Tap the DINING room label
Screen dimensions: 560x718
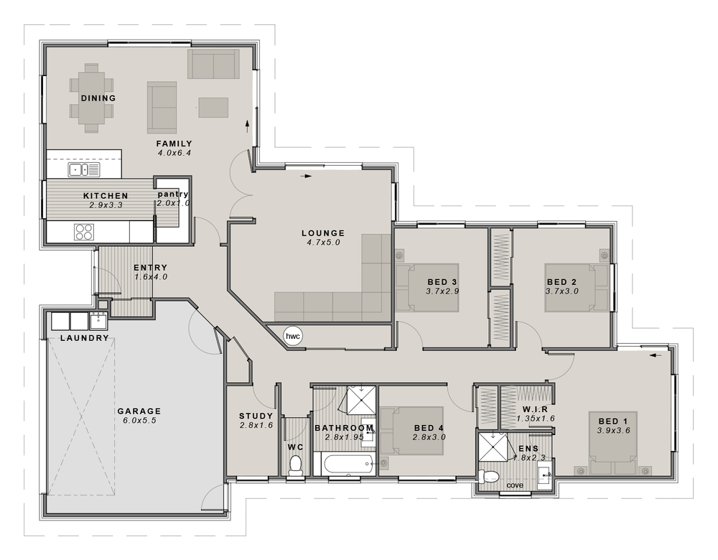pos(98,98)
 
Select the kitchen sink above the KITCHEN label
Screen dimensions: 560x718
pos(84,169)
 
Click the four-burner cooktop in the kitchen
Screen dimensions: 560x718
pos(84,232)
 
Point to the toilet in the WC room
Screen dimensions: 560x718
pos(295,466)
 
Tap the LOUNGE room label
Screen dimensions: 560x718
pos(323,233)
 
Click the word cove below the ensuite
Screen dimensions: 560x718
pos(515,485)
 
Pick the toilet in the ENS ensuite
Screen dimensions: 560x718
pos(490,477)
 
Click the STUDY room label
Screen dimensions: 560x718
pos(256,416)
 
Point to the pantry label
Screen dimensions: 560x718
pos(173,194)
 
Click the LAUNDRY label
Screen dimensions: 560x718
pos(84,337)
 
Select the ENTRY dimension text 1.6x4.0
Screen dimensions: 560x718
pos(150,277)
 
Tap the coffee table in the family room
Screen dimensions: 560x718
pos(213,107)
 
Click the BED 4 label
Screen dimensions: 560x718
pos(429,428)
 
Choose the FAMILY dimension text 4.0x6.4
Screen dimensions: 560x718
pos(174,152)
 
